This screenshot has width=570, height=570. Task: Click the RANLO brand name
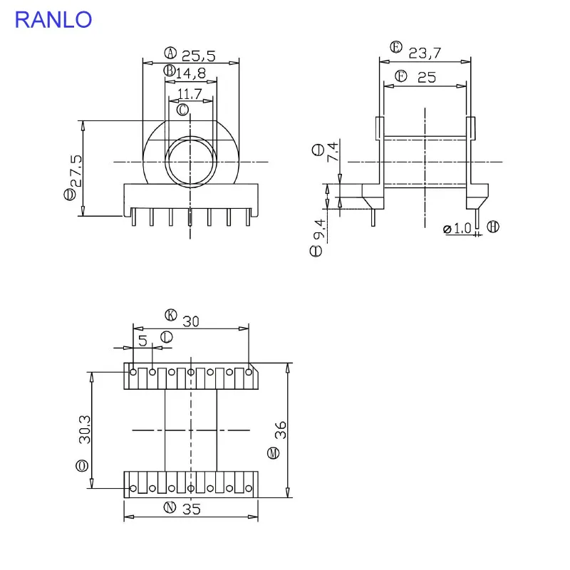pos(53,20)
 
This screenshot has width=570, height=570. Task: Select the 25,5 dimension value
pos(199,56)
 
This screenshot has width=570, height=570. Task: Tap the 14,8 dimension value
pos(191,73)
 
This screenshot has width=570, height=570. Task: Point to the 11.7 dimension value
pos(190,94)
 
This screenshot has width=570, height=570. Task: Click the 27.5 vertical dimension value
pos(76,171)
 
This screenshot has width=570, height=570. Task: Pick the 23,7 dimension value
pos(425,53)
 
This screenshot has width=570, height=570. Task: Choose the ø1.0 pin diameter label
pos(457,229)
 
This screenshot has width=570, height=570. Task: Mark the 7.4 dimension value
pos(332,152)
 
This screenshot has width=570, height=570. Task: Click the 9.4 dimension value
pos(319,229)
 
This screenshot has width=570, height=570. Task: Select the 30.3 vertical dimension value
pos(85,430)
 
